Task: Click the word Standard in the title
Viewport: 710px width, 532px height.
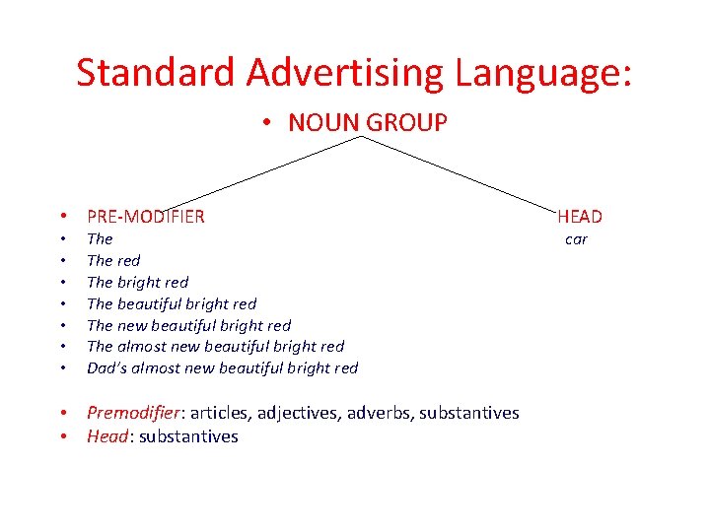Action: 157,73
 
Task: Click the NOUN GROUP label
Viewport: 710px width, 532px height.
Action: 367,122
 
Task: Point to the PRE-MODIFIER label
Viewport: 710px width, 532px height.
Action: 146,217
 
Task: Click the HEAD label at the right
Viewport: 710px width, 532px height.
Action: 580,217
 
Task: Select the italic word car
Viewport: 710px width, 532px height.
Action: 576,238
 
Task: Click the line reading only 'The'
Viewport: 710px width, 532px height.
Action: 100,238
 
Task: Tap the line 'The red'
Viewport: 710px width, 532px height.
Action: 113,260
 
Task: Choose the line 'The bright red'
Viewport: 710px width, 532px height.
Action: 137,282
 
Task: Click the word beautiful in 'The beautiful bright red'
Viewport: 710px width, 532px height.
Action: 150,303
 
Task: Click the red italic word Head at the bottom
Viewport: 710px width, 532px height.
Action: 106,436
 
